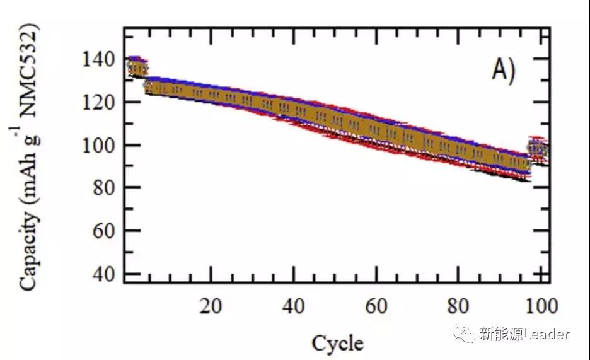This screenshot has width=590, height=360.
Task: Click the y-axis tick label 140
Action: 99,60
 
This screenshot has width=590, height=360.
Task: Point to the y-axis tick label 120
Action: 99,103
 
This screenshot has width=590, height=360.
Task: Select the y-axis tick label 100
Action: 99,146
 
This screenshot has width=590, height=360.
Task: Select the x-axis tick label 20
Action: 211,306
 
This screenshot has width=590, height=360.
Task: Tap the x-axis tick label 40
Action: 293,306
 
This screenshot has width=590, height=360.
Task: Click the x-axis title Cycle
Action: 337,344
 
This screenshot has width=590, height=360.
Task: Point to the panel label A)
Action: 504,71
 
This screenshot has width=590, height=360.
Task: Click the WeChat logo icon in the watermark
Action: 466,334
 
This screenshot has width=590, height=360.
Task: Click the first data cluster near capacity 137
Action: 137,66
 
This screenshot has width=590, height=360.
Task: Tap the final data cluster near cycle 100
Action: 538,149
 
